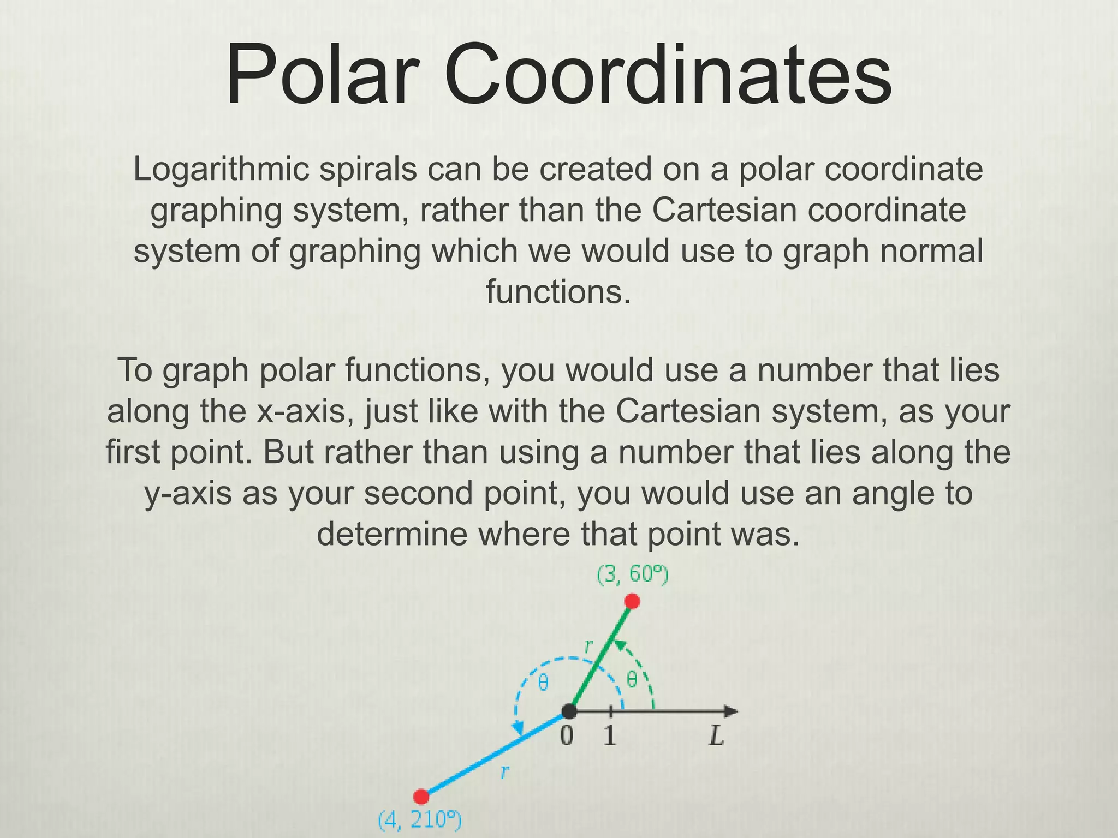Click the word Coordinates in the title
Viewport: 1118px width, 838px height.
(x=668, y=75)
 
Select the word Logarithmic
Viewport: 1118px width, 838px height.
(x=221, y=170)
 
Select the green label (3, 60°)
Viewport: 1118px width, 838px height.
(x=632, y=575)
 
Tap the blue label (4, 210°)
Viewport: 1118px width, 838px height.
(x=420, y=819)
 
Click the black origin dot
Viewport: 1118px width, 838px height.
(x=569, y=711)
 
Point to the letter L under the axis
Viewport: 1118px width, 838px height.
(x=716, y=737)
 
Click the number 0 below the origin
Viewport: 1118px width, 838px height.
(x=567, y=737)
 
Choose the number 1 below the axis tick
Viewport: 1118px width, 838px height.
(x=610, y=737)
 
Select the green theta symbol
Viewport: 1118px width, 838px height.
(x=632, y=680)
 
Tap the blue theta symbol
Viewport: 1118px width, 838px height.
(x=543, y=683)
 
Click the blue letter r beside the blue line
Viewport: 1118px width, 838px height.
(x=505, y=771)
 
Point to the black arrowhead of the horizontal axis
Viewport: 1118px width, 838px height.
(x=730, y=711)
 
